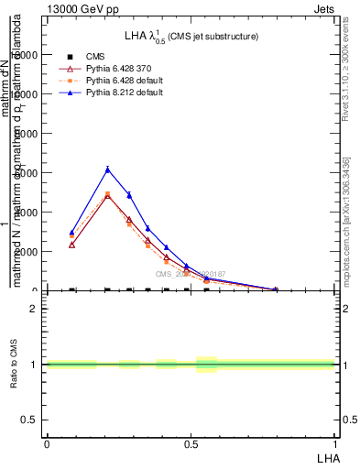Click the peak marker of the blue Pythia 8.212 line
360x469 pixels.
pos(107,169)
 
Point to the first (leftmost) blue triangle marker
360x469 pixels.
pos(71,233)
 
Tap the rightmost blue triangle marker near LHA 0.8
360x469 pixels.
pos(275,289)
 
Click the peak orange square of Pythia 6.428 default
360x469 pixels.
pos(107,194)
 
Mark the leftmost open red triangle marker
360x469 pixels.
pos(71,245)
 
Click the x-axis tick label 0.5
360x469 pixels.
pos(191,445)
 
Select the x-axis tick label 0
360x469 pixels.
pos(47,445)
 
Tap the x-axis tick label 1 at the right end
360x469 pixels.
pos(334,445)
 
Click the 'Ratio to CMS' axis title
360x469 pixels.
pos(14,364)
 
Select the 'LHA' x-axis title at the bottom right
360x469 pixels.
pos(325,458)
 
